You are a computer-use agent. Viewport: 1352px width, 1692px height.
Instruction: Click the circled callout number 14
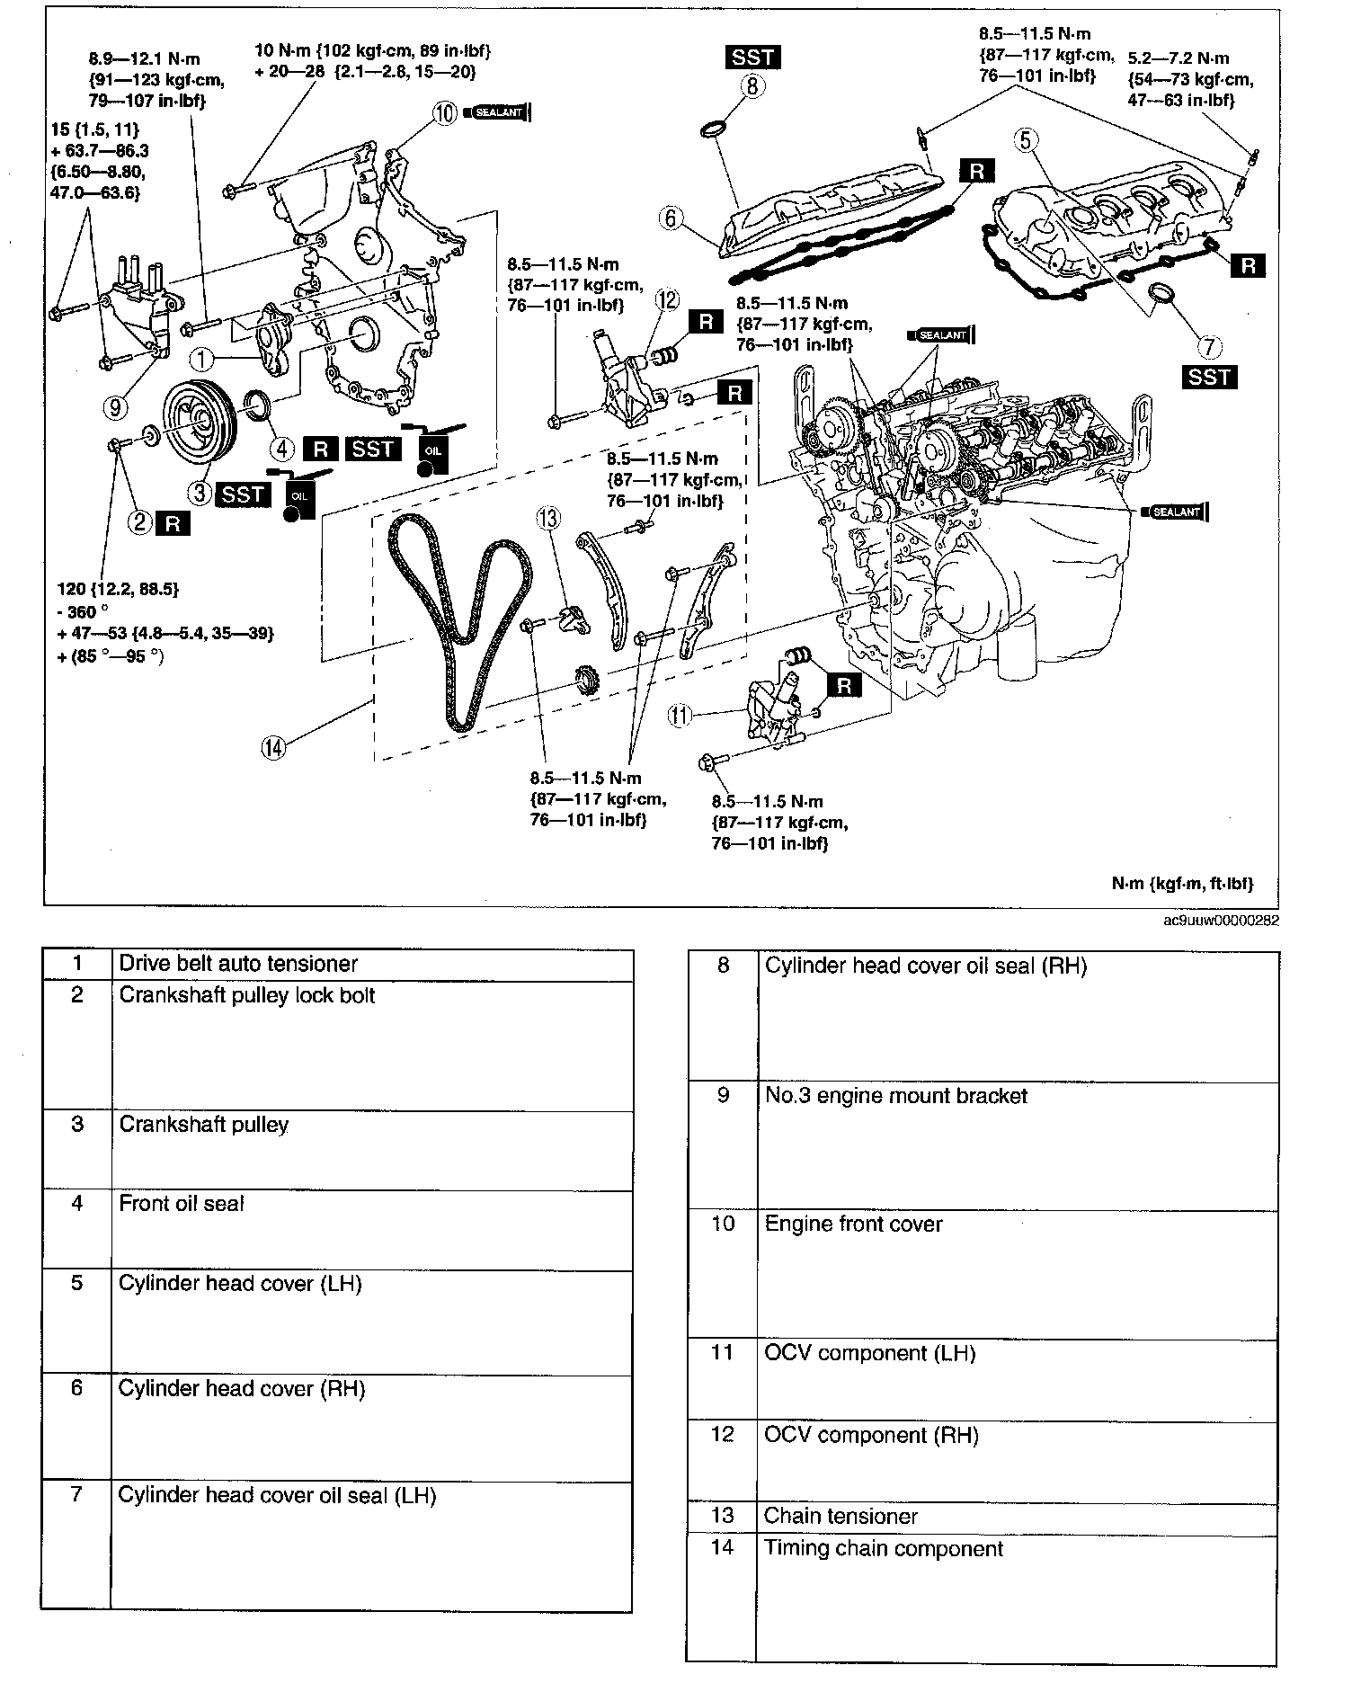pyautogui.click(x=272, y=746)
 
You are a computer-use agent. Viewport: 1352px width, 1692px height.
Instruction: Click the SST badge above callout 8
pyautogui.click(x=752, y=58)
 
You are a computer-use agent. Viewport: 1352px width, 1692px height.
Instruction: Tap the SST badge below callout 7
pyautogui.click(x=1209, y=377)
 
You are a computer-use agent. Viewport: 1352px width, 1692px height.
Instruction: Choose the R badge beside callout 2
pyautogui.click(x=173, y=523)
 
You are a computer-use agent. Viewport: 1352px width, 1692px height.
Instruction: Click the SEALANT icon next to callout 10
pyautogui.click(x=498, y=113)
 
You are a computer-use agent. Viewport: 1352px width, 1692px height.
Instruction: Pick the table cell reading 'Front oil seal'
pyautogui.click(x=182, y=1204)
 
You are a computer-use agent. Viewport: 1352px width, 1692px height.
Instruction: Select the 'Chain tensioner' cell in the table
pyautogui.click(x=841, y=1517)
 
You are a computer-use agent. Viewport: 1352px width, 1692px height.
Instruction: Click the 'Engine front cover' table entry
pyautogui.click(x=853, y=1224)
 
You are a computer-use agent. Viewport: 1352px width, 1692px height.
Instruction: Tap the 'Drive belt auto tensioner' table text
pyautogui.click(x=238, y=964)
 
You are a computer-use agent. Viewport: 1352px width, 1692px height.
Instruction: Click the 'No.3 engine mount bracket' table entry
pyautogui.click(x=895, y=1096)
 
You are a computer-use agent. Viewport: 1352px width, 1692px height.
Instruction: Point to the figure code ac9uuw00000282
pyautogui.click(x=1220, y=921)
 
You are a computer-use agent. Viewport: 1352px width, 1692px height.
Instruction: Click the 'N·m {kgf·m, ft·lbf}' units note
pyautogui.click(x=1182, y=884)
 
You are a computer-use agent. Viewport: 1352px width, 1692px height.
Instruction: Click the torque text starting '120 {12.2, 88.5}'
pyautogui.click(x=117, y=590)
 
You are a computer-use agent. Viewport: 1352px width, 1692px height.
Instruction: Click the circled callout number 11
pyautogui.click(x=680, y=716)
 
